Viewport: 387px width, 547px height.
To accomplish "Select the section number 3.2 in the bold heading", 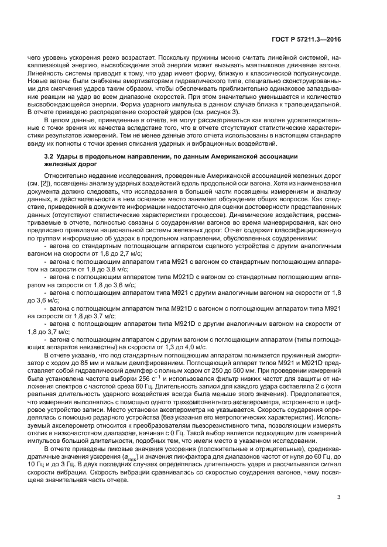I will pyautogui.click(x=50, y=157).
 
